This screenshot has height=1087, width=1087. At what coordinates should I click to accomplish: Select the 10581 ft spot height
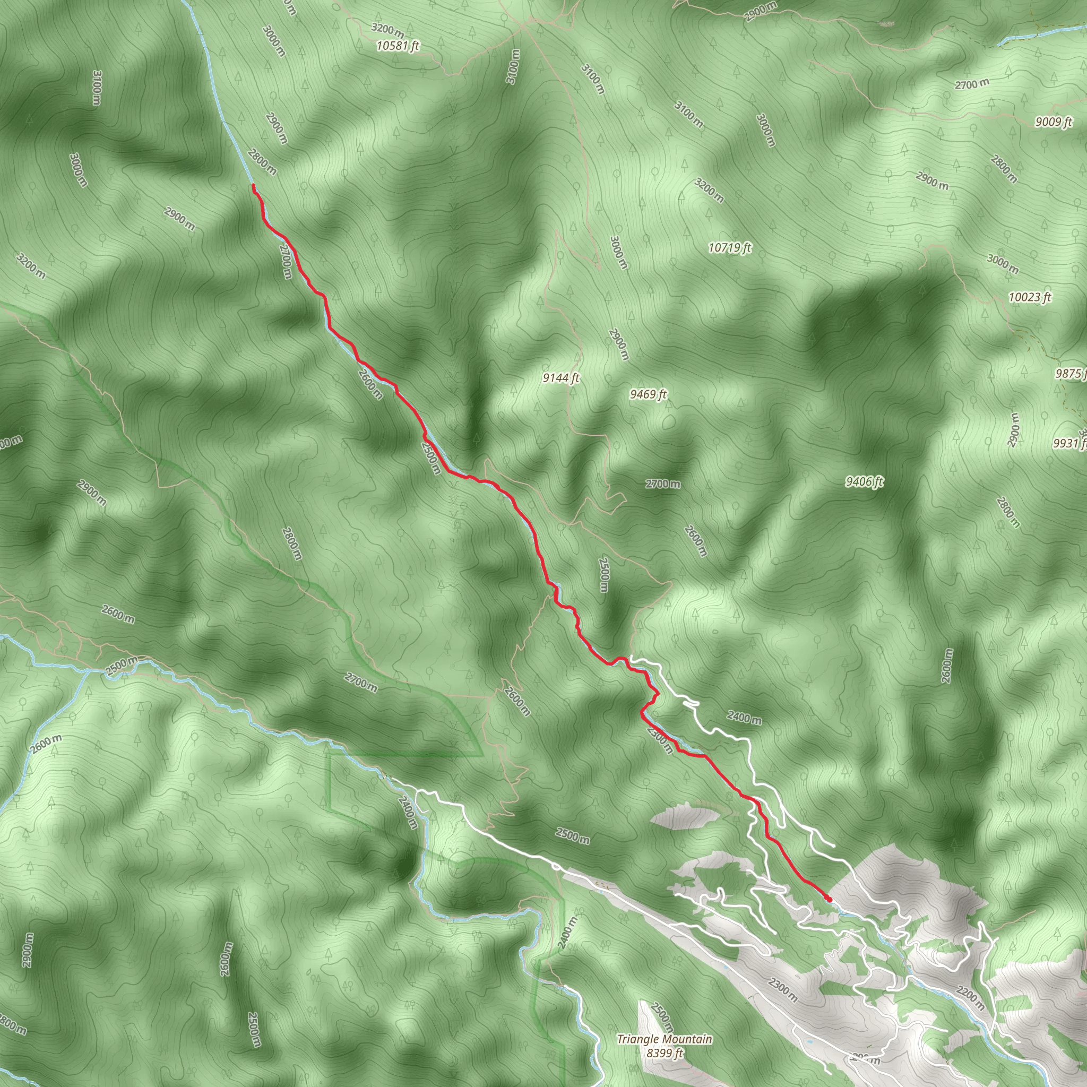(398, 46)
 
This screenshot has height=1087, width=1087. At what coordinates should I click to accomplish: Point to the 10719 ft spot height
(730, 247)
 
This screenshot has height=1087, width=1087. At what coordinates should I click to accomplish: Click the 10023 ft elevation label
(1030, 297)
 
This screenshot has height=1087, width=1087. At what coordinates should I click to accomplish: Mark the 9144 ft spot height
(560, 378)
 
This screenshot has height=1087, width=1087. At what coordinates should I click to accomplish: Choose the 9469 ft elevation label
(648, 394)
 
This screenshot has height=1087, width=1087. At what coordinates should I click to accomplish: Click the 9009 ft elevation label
(1053, 122)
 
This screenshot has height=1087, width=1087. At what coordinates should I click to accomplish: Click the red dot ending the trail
(829, 899)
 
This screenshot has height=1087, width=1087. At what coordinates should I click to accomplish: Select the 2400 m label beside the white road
(744, 718)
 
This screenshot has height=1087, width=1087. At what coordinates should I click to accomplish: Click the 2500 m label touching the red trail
(430, 458)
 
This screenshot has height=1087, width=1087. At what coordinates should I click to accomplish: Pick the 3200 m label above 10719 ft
(709, 191)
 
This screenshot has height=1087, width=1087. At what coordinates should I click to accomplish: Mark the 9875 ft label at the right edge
(1071, 374)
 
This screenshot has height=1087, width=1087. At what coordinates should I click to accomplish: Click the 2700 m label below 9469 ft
(662, 484)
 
